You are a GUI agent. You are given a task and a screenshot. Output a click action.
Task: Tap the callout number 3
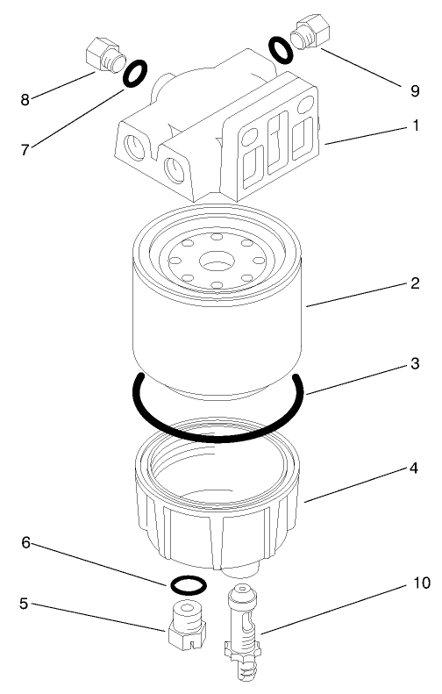click(x=414, y=361)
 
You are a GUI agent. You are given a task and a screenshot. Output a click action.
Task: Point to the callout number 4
click(x=414, y=469)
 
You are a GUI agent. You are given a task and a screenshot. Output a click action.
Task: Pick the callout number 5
click(x=25, y=604)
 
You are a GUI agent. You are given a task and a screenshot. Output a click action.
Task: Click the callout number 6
click(x=26, y=544)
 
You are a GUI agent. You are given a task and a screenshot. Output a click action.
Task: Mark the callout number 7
click(x=26, y=149)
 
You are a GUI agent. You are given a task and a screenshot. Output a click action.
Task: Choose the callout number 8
click(x=25, y=99)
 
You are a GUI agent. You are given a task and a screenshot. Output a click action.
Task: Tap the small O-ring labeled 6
click(x=186, y=584)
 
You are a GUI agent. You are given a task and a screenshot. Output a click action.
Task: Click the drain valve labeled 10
click(x=242, y=632)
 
